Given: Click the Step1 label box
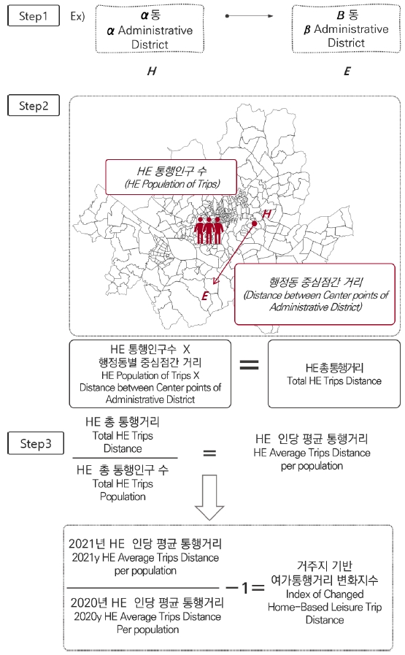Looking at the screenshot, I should pyautogui.click(x=32, y=15).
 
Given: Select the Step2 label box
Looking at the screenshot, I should pyautogui.click(x=32, y=106).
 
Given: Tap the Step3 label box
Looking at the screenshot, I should pyautogui.click(x=32, y=443).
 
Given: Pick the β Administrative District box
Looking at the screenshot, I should pyautogui.click(x=345, y=29).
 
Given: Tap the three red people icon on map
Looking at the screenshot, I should pyautogui.click(x=209, y=229).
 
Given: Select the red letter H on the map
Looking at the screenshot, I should pyautogui.click(x=267, y=213).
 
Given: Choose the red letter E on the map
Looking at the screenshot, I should pyautogui.click(x=205, y=295).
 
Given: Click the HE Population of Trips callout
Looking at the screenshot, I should pyautogui.click(x=171, y=176).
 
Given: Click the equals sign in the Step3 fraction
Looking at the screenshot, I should pyautogui.click(x=209, y=453).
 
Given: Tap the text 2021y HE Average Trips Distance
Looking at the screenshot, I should pyautogui.click(x=144, y=557).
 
